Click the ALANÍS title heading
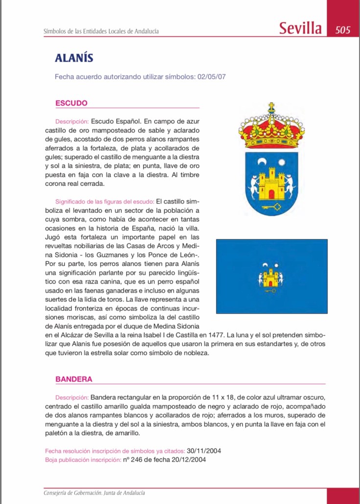tap(74, 58)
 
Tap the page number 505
tap(343, 30)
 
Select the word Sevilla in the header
tap(300, 28)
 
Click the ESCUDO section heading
tap(71, 103)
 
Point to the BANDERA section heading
tap(74, 379)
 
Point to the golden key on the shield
tap(272, 206)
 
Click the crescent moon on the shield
tap(263, 162)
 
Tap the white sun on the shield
tap(281, 162)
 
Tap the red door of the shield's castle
tap(272, 194)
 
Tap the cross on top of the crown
tap(271, 106)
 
